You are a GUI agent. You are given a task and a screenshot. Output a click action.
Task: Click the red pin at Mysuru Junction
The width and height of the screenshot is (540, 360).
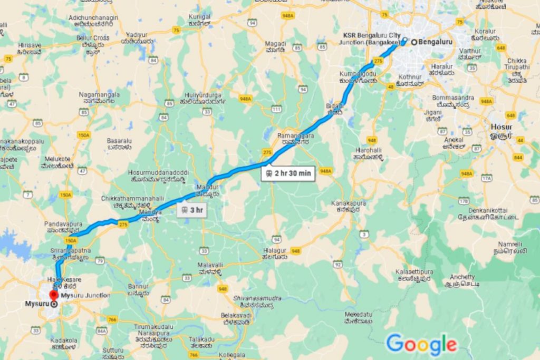[x=53, y=295]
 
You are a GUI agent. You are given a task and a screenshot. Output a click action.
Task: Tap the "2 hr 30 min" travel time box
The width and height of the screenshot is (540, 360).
[x=288, y=173]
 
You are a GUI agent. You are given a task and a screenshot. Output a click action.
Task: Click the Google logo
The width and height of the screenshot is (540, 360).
[x=421, y=344]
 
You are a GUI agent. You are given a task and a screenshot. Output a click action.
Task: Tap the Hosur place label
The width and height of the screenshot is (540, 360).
[x=501, y=127]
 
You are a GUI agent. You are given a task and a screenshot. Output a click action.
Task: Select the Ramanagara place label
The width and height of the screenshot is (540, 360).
[x=296, y=137]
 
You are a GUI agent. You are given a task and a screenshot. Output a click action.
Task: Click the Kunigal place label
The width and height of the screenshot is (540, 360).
[x=199, y=17]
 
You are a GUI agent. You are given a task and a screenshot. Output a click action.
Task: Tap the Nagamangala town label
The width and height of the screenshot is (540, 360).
[x=99, y=95]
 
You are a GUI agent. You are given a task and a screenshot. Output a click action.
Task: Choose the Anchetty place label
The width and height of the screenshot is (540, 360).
[x=462, y=277]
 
